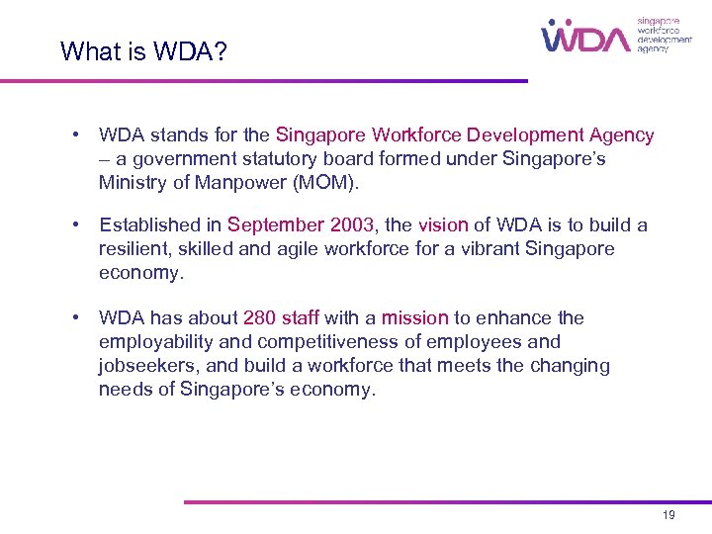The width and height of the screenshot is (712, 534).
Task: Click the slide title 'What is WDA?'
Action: tap(143, 50)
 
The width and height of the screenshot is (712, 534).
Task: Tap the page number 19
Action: tap(668, 516)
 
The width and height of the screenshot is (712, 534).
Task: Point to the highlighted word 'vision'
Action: tap(442, 225)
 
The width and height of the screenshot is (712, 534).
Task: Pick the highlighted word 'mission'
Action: tap(415, 317)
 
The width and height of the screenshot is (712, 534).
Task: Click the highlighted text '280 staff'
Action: tap(281, 317)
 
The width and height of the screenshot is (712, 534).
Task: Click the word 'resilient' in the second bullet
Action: tap(133, 249)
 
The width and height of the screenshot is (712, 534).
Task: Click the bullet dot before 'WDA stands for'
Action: tap(76, 134)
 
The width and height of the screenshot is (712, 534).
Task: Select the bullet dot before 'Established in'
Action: tap(76, 225)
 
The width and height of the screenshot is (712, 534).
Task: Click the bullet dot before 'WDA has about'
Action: tap(76, 317)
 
